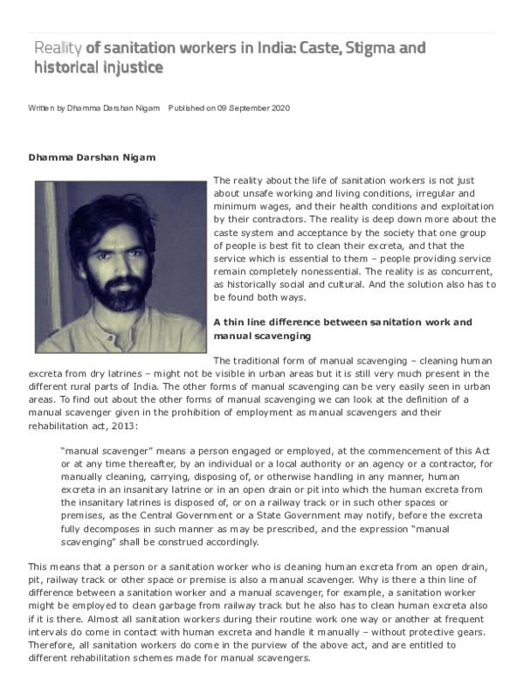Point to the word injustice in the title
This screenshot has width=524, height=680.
[130, 66]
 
